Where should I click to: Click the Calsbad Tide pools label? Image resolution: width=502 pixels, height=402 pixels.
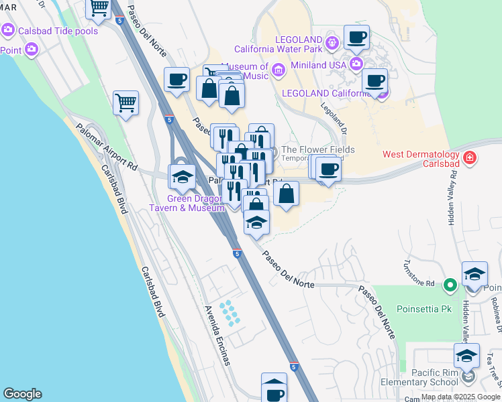58,31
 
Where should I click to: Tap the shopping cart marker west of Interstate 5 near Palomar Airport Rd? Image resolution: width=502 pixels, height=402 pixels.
125,103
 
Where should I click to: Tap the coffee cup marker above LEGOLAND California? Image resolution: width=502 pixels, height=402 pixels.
356,38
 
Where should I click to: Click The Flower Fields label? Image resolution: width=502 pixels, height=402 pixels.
317,149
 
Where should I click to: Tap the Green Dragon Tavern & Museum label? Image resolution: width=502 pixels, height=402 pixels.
195,203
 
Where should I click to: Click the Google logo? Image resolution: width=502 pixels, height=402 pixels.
22,394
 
